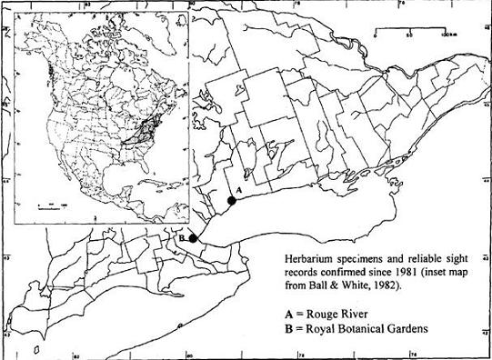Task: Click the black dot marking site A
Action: pos(232,201)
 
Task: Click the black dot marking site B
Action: pos(193,238)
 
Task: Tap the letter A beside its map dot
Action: pos(237,190)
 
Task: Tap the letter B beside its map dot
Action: pos(182,237)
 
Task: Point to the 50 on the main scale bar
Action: pos(410,35)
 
